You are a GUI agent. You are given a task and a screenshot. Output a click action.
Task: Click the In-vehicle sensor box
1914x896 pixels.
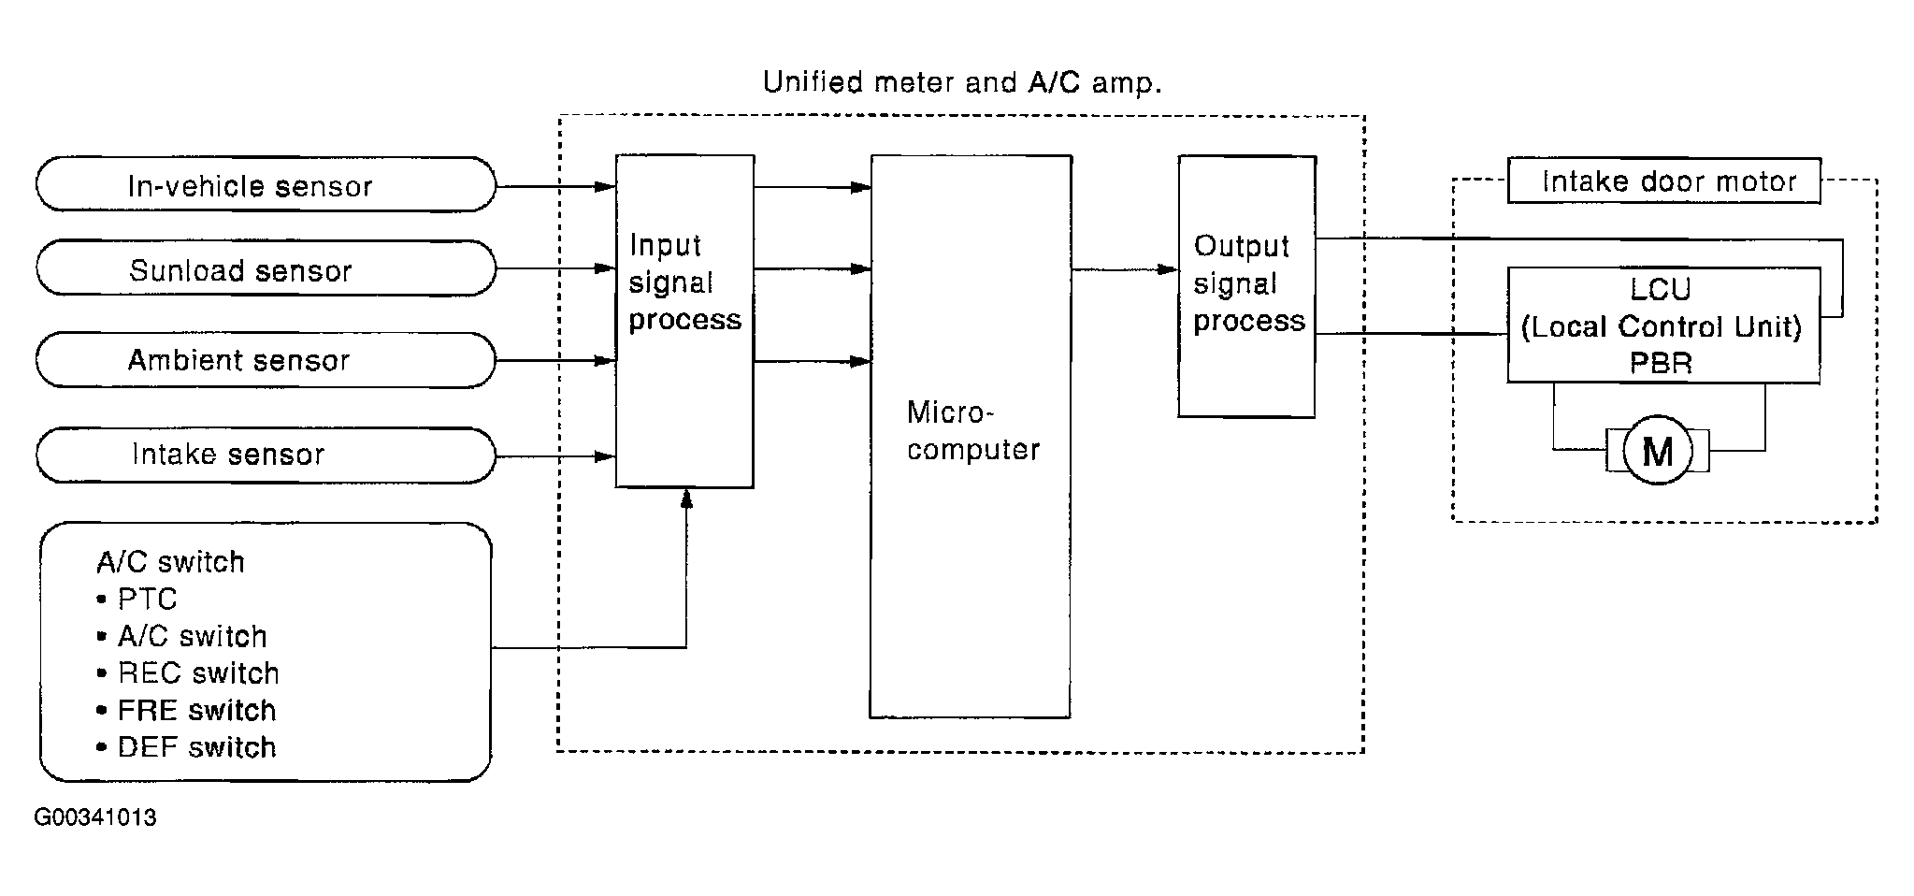coord(266,184)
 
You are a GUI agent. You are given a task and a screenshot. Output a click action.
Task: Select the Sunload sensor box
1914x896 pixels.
coord(266,268)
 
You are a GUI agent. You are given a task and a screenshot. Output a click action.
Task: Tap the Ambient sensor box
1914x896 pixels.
coord(266,360)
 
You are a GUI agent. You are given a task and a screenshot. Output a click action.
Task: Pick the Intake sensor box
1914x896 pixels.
coord(266,455)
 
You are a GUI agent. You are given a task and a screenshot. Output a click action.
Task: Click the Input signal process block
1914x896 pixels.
coord(684,321)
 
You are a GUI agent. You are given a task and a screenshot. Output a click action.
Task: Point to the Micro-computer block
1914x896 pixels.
coord(971,437)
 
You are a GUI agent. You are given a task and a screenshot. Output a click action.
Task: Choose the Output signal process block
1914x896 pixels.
coord(1246,286)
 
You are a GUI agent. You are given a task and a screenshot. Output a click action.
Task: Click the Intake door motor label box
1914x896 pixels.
coord(1664,181)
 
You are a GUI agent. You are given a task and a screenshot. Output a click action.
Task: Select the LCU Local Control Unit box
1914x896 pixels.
coord(1664,325)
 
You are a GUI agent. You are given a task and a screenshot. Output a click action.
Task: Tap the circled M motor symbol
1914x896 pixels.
coord(1658,451)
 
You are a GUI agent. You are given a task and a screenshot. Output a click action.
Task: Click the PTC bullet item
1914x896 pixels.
coord(137,599)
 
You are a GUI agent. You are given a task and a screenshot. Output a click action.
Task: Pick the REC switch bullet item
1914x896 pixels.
coord(188,673)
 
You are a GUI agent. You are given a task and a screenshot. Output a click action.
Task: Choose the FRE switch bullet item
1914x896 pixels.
coord(187,711)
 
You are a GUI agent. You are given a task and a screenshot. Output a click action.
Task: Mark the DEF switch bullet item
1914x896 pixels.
coord(187,747)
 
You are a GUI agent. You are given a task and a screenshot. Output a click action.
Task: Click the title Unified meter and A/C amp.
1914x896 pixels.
coord(962,82)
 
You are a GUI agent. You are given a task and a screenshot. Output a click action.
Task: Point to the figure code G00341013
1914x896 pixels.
coord(95,817)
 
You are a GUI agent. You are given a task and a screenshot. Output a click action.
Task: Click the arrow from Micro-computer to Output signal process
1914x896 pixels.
coord(1125,269)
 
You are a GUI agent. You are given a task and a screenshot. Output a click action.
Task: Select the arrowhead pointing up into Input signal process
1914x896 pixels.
coord(686,499)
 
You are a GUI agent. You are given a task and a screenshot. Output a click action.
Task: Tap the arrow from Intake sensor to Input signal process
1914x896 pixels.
coord(555,456)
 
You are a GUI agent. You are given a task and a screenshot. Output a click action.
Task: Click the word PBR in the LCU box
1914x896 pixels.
coord(1661,363)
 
